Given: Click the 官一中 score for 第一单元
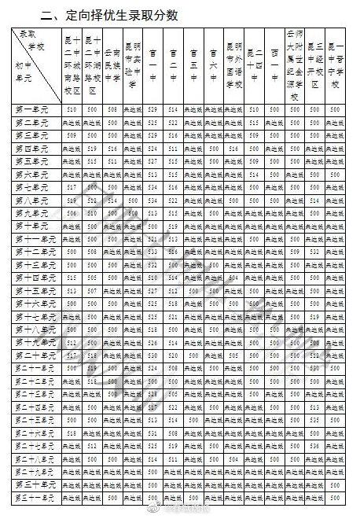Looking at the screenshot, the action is click(152, 109).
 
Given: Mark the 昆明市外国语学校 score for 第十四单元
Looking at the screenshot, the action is click(233, 278).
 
